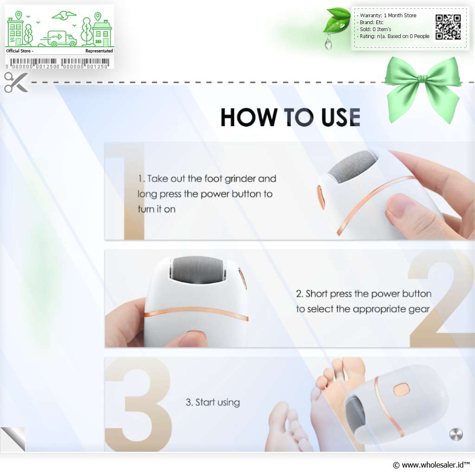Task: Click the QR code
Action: (448, 27)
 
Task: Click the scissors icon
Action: (16, 82)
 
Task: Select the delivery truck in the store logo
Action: (59, 39)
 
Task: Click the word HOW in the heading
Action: (249, 117)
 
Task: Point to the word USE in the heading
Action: (341, 117)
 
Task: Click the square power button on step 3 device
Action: (401, 389)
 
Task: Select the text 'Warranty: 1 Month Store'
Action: (388, 15)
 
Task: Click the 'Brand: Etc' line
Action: (372, 22)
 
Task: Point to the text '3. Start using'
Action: (212, 402)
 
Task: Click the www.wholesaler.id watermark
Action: (431, 465)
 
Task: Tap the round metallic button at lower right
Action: (456, 434)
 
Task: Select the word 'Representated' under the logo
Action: (99, 51)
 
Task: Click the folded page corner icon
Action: (13, 439)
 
